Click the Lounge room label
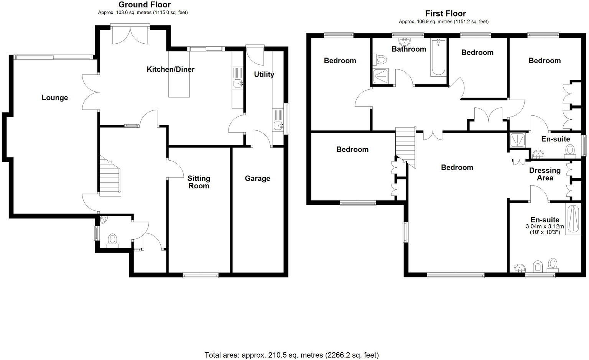click(55, 98)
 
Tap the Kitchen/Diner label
click(171, 69)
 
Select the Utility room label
click(264, 74)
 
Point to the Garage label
click(257, 178)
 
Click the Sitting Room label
click(199, 182)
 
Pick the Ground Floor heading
click(144, 5)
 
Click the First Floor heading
click(445, 14)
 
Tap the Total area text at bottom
click(291, 355)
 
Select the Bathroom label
click(409, 49)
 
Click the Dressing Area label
click(545, 174)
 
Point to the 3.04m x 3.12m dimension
click(545, 227)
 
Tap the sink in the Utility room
click(278, 125)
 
